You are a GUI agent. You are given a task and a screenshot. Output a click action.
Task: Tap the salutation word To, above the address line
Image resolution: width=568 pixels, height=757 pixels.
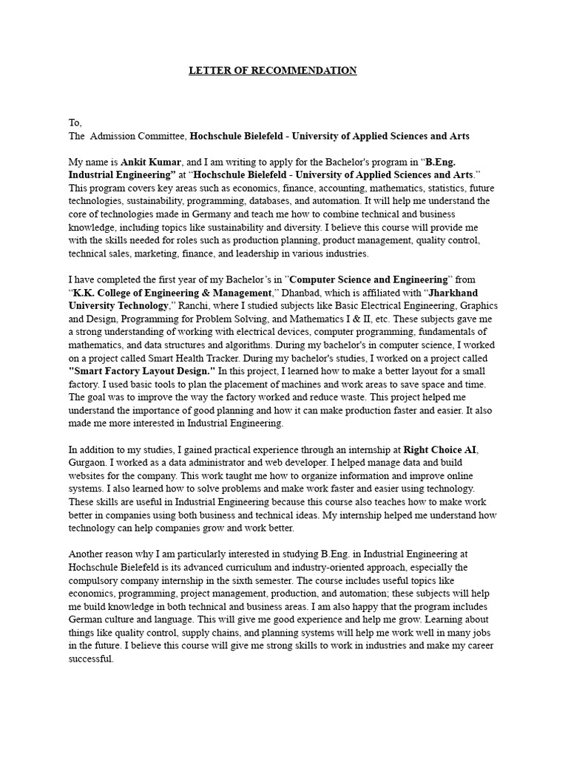75,123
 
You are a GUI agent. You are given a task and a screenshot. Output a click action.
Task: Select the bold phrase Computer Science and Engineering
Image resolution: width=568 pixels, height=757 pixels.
369,279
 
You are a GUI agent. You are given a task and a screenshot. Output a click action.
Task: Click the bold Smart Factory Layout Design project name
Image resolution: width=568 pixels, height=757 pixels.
141,372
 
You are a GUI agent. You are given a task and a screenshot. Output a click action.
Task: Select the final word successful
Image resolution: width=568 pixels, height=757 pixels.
91,659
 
